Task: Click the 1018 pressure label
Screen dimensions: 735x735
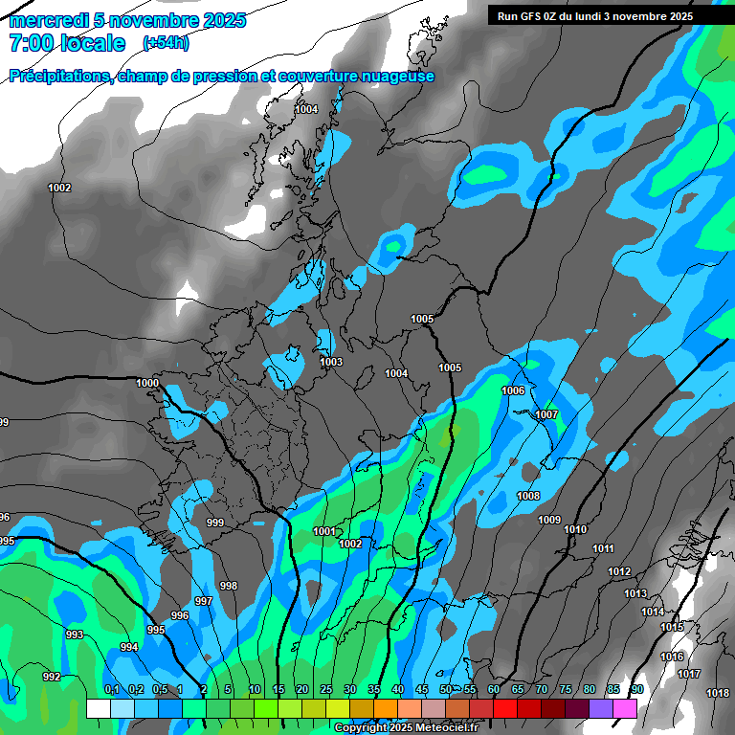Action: [718, 693]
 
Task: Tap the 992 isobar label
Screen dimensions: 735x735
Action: [52, 677]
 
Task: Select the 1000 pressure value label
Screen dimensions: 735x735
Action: [147, 383]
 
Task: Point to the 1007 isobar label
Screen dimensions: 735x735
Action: [546, 414]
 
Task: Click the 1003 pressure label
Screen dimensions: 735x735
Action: [331, 362]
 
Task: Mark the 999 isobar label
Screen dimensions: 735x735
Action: [215, 523]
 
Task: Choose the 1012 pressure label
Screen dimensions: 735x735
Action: [619, 571]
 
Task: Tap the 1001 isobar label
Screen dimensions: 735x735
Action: [324, 531]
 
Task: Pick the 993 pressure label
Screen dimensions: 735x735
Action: [75, 635]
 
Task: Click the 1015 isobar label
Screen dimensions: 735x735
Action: [672, 627]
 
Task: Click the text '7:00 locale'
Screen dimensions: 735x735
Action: [67, 43]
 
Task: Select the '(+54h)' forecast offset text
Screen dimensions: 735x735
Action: [166, 43]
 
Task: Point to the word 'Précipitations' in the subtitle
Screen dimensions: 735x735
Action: [59, 77]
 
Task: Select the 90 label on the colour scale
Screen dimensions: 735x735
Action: [636, 690]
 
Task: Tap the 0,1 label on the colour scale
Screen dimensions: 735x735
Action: [111, 690]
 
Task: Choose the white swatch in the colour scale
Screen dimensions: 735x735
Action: [98, 708]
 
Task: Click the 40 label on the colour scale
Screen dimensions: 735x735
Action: [397, 690]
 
